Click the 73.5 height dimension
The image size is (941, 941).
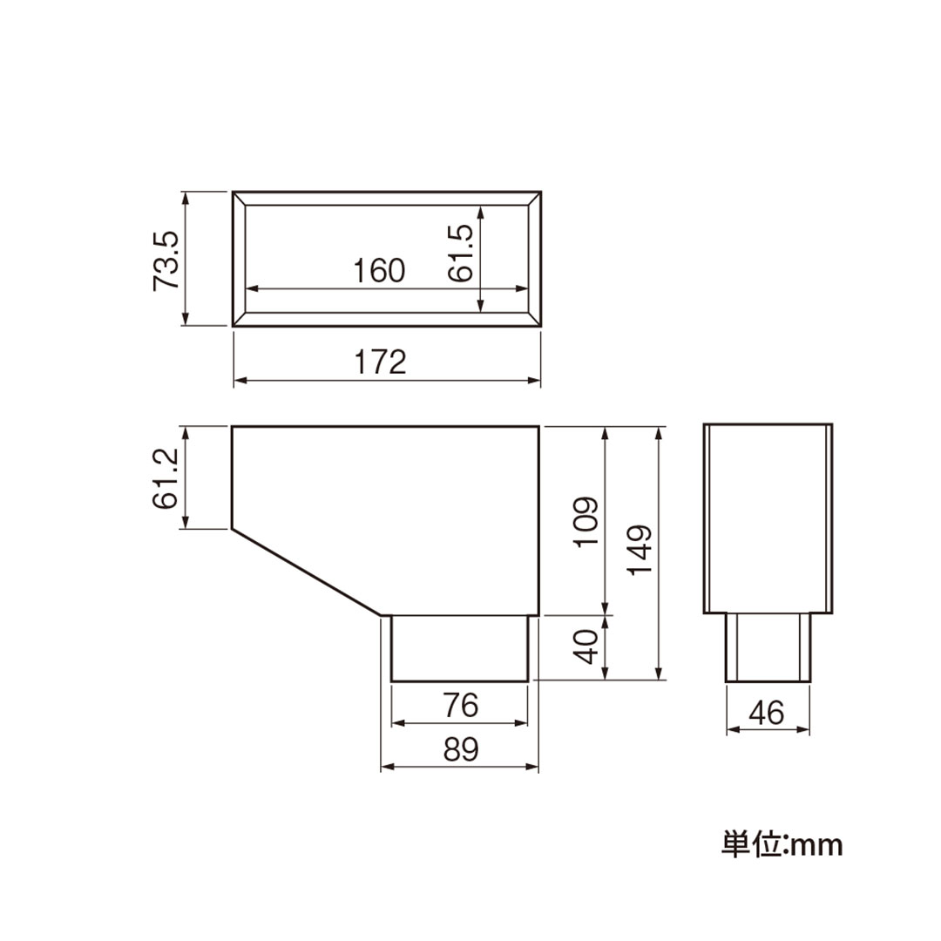pos(166,260)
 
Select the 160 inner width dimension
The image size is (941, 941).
pos(379,271)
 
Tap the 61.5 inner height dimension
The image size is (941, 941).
pos(461,253)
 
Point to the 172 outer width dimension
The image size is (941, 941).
pos(380,362)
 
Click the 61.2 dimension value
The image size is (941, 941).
pos(166,478)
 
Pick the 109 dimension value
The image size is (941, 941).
pos(586,521)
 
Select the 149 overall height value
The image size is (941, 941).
pos(640,550)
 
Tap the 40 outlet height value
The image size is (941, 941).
pos(586,647)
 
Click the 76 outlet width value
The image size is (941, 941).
pos(461,705)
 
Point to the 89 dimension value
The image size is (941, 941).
pos(461,749)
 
